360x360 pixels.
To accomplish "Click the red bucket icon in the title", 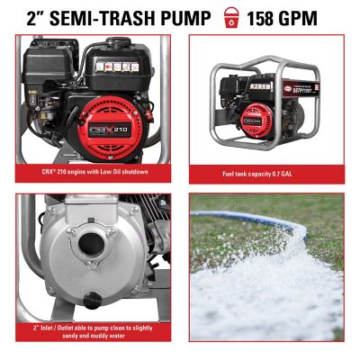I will point(233,17).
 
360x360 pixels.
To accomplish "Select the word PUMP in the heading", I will point(184,17).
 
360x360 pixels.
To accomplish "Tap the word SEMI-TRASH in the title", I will point(99,17).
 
